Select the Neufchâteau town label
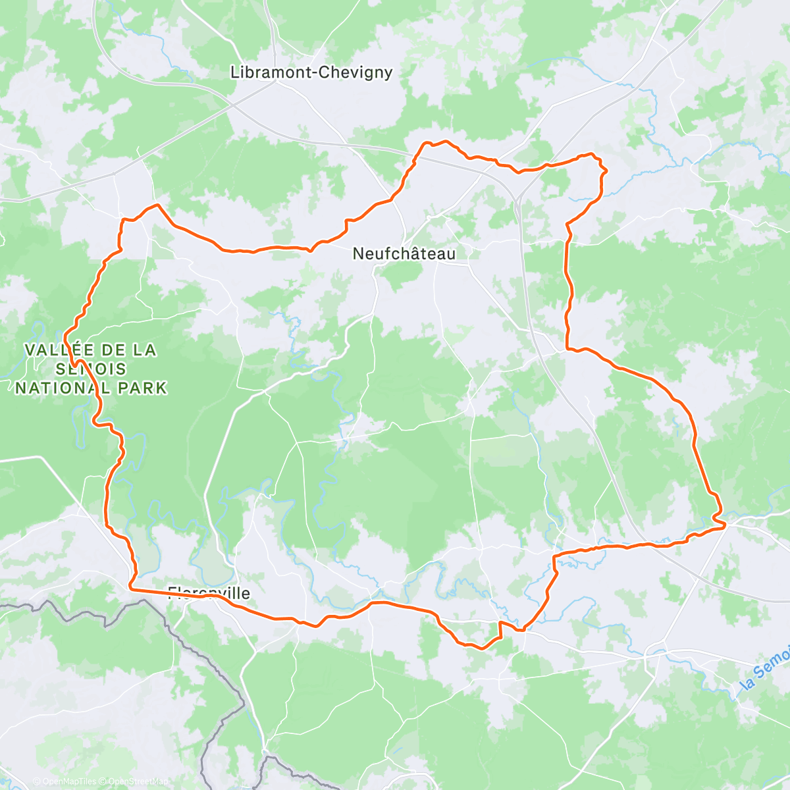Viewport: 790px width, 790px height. (404, 253)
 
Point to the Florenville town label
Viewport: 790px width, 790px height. (209, 593)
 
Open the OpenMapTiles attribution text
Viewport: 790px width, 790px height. (64, 781)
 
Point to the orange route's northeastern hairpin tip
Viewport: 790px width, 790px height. (604, 171)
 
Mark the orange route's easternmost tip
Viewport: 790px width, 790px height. (725, 524)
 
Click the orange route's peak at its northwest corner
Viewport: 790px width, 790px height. (157, 205)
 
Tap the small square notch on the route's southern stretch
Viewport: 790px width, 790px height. (500, 629)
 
